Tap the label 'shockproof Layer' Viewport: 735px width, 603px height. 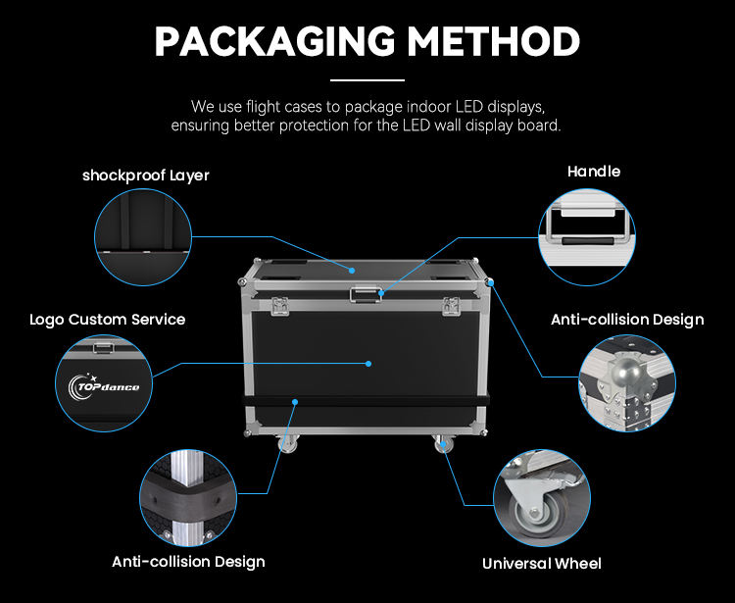tap(146, 176)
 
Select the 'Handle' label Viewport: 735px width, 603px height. tap(594, 172)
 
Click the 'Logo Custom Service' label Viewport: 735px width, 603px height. tap(107, 319)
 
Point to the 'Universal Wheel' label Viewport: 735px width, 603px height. tap(542, 563)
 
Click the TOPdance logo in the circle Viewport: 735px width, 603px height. tap(106, 386)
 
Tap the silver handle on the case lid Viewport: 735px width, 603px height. tap(367, 293)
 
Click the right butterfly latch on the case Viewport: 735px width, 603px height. tap(452, 306)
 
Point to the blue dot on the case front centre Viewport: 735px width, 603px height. tap(368, 364)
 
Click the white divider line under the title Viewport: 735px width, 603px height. tap(367, 79)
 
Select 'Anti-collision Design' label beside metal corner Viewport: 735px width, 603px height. tap(627, 320)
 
